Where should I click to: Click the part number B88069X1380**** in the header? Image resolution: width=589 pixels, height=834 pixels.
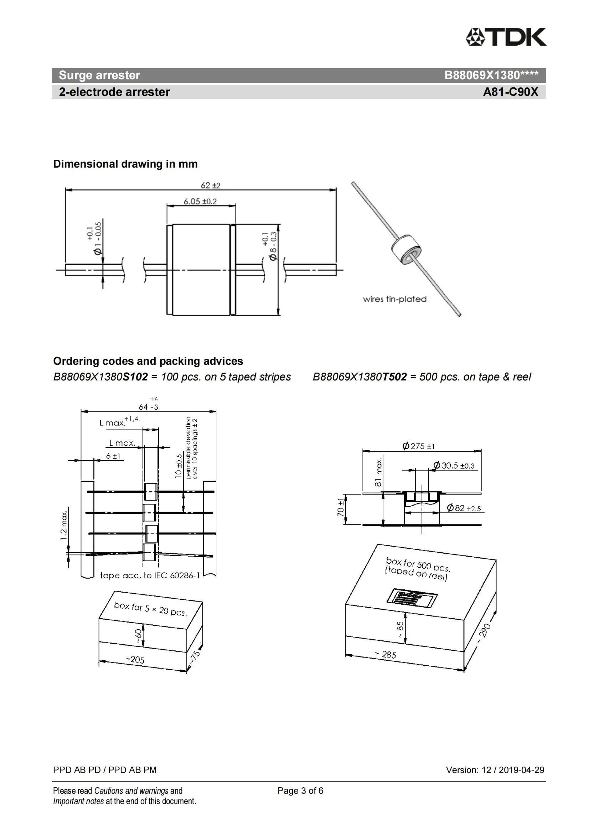(491, 75)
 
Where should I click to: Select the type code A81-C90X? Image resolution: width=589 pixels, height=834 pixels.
(510, 92)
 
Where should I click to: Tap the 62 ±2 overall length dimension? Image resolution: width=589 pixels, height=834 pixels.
(211, 185)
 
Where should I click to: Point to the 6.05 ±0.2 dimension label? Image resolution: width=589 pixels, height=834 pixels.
(200, 201)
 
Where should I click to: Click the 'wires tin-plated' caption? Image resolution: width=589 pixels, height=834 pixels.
(394, 299)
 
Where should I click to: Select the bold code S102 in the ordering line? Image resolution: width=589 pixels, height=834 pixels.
(135, 377)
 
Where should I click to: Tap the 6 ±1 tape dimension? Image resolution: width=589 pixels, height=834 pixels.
(113, 456)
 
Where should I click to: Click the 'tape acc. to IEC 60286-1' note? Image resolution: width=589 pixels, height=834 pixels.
(150, 575)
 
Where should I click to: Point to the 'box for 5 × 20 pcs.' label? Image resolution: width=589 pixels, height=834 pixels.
(150, 609)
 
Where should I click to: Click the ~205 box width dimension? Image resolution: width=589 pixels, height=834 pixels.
(135, 659)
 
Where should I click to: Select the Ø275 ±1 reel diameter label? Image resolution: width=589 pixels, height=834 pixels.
(418, 446)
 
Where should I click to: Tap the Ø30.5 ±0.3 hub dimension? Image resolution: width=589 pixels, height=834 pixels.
(454, 466)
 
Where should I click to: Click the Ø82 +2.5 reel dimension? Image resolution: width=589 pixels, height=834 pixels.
(464, 508)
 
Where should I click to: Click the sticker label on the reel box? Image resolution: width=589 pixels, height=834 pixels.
(412, 598)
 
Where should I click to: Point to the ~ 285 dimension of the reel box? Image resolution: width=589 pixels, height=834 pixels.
(386, 655)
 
